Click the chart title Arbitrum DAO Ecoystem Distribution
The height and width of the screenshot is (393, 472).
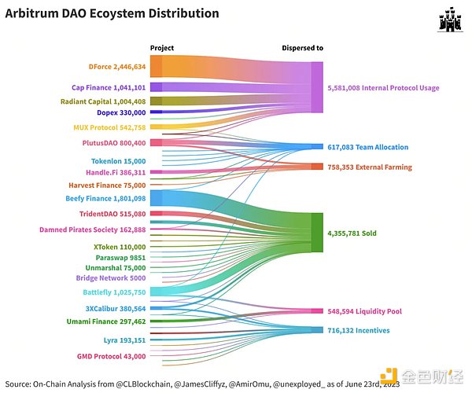[x=112, y=13]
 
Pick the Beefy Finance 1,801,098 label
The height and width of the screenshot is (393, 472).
[x=105, y=199]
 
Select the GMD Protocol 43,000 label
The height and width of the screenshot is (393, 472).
[x=112, y=357]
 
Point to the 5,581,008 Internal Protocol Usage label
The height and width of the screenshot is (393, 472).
[x=383, y=88]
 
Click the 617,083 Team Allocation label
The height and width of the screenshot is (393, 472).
[x=368, y=147]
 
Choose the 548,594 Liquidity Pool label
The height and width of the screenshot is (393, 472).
[x=364, y=311]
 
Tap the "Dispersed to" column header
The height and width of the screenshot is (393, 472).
[x=302, y=48]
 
